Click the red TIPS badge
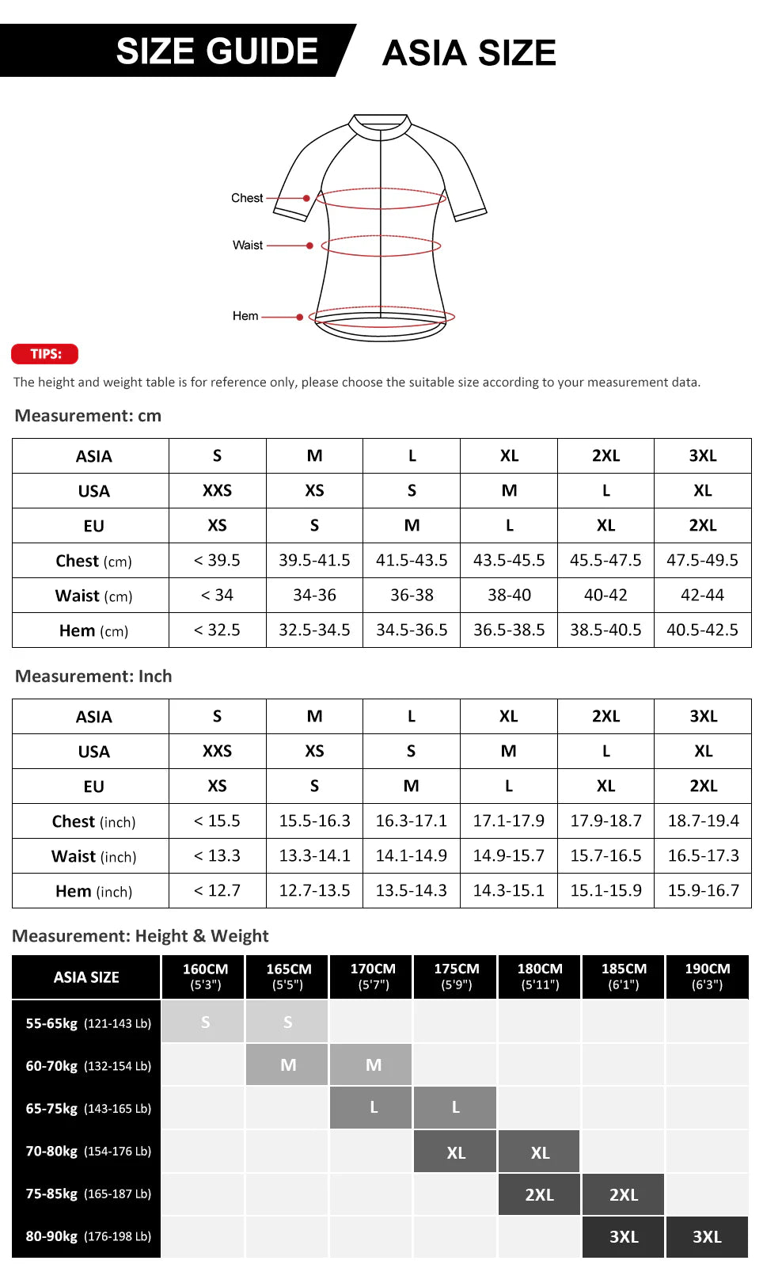[45, 354]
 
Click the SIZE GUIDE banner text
[217, 51]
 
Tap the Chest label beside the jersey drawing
[247, 198]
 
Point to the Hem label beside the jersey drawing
[245, 316]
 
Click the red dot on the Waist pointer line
[309, 246]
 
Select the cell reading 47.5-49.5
[702, 561]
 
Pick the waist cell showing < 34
[217, 596]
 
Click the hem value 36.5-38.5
[509, 630]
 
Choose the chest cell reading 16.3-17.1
[411, 821]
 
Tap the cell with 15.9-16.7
[703, 891]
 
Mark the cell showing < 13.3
[217, 856]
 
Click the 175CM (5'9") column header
[456, 977]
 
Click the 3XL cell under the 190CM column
[707, 1237]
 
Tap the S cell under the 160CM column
[205, 1022]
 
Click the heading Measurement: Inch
[93, 676]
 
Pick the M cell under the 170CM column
[373, 1065]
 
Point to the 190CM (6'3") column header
[707, 977]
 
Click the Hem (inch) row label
[93, 892]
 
